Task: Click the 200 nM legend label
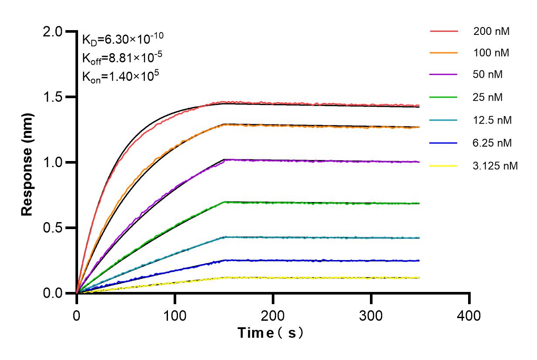click(491, 31)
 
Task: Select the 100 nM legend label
click(491, 53)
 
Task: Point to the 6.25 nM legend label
click(493, 143)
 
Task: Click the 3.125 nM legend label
click(496, 166)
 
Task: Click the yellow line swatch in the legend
click(444, 166)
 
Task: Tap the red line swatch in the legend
click(444, 31)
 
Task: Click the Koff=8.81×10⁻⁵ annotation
click(120, 58)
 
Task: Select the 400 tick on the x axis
click(469, 315)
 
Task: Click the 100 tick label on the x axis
click(175, 315)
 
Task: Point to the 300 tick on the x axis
click(371, 315)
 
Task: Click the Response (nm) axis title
click(27, 162)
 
